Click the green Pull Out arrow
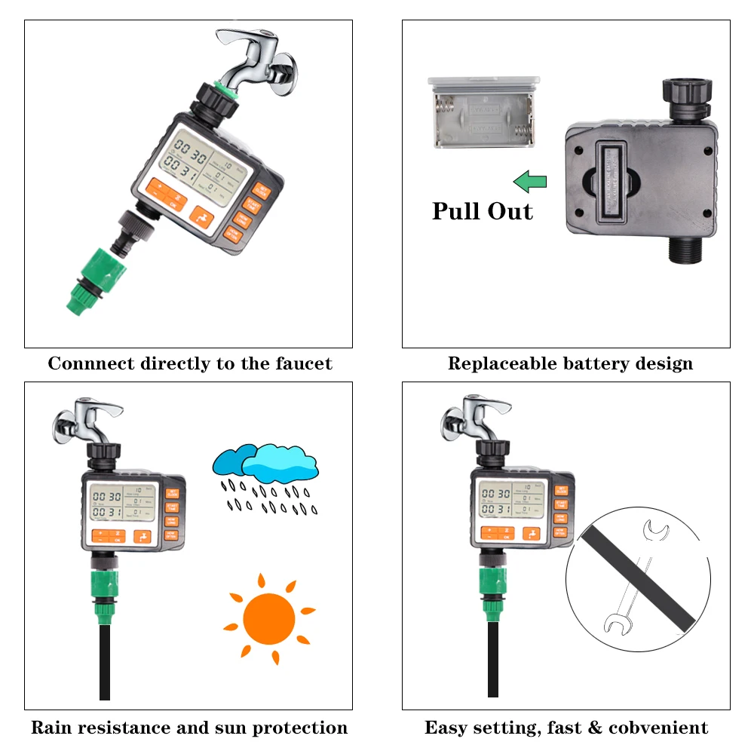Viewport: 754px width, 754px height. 530,181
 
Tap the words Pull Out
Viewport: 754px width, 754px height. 482,211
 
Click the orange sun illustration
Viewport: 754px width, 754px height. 269,618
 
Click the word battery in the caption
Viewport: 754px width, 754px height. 598,364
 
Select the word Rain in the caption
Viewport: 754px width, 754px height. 53,728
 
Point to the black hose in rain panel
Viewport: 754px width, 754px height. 105,664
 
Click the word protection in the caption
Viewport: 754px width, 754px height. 300,728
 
